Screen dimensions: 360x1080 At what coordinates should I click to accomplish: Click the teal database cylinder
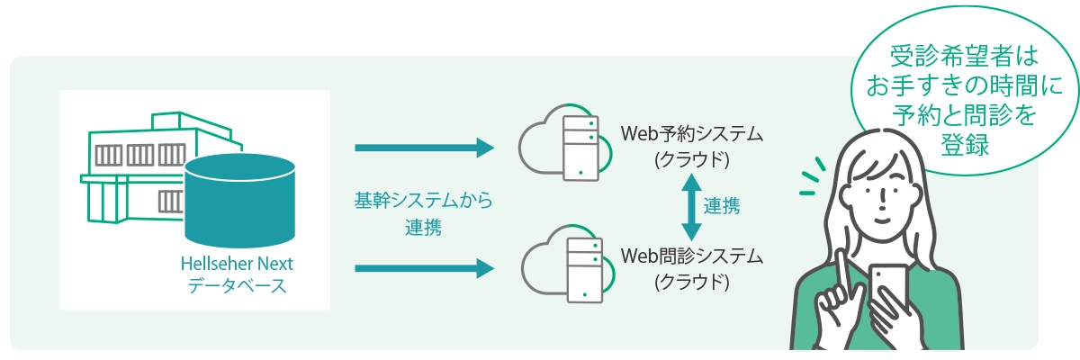click(x=240, y=199)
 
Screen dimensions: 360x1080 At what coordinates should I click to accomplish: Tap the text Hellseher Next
click(x=231, y=265)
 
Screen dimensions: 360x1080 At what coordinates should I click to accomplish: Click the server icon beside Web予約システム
click(x=580, y=148)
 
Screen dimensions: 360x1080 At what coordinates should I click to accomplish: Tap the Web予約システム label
click(x=691, y=136)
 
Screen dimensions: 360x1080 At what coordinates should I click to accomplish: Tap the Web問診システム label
click(x=691, y=256)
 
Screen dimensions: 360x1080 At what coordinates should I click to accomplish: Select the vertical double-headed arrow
click(x=689, y=205)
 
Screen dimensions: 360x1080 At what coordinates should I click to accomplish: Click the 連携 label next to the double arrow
click(x=722, y=206)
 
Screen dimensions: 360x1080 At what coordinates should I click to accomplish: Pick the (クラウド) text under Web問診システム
click(x=691, y=282)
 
